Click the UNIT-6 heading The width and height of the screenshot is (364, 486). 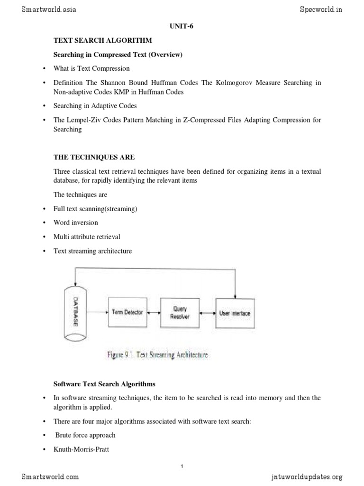(182, 27)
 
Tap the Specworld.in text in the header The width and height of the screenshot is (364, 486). (320, 9)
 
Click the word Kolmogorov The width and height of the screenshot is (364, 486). (228, 83)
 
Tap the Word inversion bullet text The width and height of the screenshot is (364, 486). (76, 223)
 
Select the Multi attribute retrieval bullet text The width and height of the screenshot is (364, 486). (87, 237)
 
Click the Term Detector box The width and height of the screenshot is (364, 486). (127, 312)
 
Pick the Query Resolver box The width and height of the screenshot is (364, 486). (180, 312)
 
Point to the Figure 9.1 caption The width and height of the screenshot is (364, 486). (158, 355)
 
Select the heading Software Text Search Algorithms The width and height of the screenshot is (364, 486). (104, 383)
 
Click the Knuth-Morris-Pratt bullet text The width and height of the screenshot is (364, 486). (82, 449)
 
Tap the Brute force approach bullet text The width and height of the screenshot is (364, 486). (85, 435)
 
